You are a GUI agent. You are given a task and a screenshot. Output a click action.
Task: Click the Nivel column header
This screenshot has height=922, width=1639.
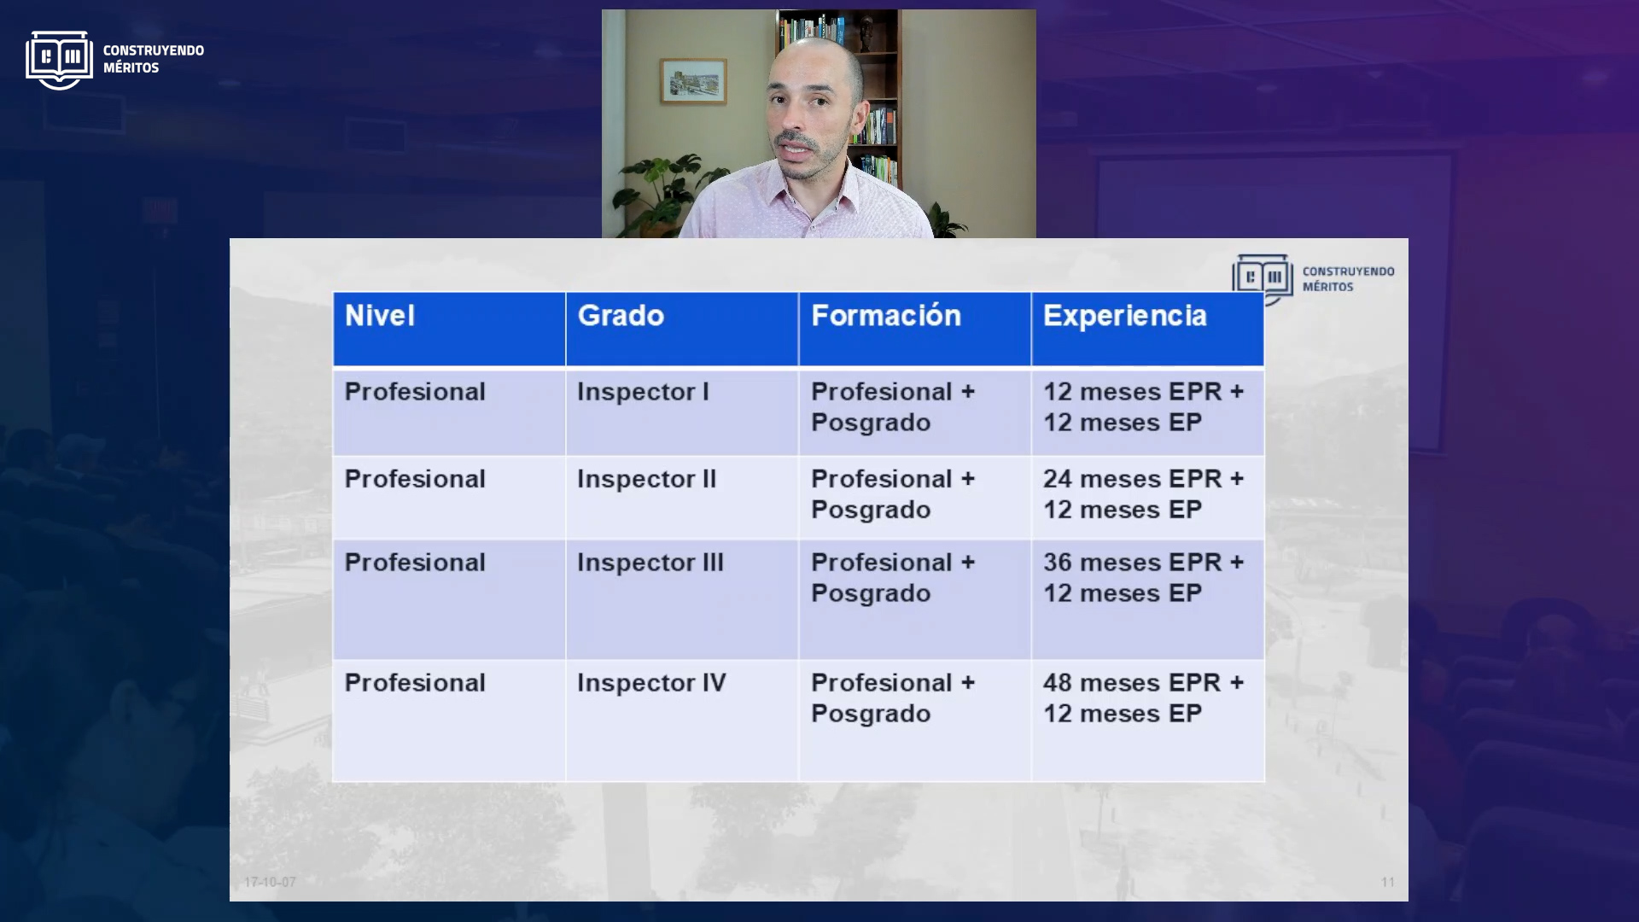[x=449, y=330]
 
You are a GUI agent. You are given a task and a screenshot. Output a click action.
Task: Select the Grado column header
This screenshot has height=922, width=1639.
[x=682, y=330]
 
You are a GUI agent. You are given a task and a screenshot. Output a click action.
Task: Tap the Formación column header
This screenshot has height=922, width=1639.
[x=915, y=330]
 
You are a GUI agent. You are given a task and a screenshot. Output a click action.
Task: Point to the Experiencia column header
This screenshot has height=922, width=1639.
[x=1148, y=330]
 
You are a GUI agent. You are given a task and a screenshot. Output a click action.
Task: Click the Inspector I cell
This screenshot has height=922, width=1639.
[x=682, y=412]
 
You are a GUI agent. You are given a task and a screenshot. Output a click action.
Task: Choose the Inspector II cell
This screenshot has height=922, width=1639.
[x=682, y=498]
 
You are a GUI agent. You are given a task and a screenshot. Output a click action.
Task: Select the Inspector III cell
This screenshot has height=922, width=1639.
[x=682, y=599]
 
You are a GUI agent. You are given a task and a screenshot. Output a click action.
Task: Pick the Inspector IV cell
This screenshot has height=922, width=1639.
[x=682, y=721]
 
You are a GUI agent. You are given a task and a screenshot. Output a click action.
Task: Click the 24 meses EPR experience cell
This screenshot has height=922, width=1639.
[x=1148, y=498]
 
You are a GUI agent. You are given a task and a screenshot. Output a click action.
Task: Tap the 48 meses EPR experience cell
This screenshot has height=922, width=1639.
[x=1148, y=721]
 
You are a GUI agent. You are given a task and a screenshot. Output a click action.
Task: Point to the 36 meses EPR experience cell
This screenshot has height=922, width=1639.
[x=1148, y=599]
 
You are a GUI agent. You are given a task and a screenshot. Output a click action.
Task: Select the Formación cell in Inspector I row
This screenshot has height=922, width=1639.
[x=915, y=412]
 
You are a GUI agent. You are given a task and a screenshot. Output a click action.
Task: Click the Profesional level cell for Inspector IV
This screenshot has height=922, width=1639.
[x=449, y=721]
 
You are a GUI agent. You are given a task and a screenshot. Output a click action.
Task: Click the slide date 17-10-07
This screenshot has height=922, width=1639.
[x=270, y=882]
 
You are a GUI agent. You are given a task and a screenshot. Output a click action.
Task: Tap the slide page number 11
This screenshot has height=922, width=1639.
[x=1388, y=882]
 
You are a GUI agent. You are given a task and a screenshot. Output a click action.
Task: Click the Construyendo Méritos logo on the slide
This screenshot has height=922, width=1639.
[x=1313, y=278]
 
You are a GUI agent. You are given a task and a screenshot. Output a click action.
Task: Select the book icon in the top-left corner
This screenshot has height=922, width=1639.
[x=59, y=60]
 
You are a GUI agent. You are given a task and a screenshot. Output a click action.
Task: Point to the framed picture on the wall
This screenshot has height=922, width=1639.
[x=693, y=82]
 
